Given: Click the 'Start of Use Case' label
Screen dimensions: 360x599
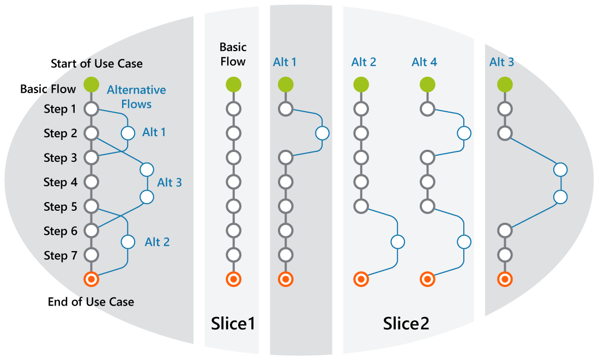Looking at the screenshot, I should click(96, 64).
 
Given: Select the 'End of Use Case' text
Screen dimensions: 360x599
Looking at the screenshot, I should click(91, 302).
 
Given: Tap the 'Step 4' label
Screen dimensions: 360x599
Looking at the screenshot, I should click(60, 182).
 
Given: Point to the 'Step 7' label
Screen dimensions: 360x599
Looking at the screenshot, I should click(60, 255).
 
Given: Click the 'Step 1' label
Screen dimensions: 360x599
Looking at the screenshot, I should click(60, 109).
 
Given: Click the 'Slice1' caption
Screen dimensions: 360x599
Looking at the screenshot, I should click(233, 324).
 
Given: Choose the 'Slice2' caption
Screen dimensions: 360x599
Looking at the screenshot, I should click(406, 324).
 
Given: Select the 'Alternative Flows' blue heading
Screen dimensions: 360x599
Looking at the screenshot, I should click(136, 96).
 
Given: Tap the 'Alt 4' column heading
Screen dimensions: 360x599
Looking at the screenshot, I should click(424, 62).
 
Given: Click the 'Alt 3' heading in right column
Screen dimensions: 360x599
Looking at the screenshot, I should click(501, 62).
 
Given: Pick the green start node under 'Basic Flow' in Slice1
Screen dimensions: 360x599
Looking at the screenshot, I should click(233, 84).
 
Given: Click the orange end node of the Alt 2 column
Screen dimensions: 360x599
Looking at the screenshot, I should click(360, 279).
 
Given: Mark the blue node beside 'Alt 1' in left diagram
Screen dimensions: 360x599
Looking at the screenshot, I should click(128, 132).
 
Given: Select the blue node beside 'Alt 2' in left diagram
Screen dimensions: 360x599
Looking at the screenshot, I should click(128, 241).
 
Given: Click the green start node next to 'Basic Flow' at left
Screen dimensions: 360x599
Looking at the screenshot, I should click(91, 84).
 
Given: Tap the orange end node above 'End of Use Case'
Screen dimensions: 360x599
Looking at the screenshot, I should click(91, 279).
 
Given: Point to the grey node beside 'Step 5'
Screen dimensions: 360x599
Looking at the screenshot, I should click(91, 206).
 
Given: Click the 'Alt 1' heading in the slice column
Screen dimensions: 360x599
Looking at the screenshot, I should click(285, 62).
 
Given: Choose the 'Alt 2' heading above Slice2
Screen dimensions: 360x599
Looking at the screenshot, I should click(364, 62).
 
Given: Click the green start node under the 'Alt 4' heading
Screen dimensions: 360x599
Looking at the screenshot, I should click(427, 84).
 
